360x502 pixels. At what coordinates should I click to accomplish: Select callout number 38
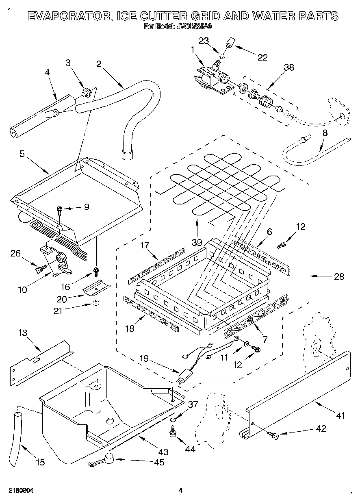point(289,67)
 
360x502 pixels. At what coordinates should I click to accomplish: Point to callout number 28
point(338,277)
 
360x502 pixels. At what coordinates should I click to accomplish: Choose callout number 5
point(22,153)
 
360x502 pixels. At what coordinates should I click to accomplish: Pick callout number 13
point(23,333)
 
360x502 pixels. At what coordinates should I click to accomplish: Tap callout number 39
point(197,242)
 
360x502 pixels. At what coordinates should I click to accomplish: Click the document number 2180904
point(20,491)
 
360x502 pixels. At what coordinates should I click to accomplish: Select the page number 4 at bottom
point(180,491)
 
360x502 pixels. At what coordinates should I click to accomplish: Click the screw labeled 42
point(273,436)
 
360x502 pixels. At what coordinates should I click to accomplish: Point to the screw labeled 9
point(60,210)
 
